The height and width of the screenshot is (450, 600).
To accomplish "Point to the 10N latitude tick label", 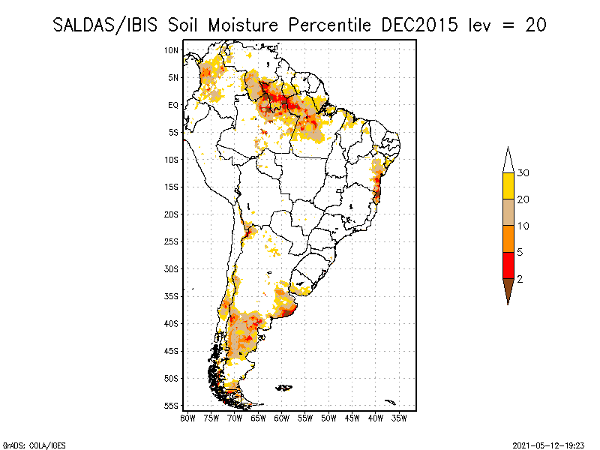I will point(172,50).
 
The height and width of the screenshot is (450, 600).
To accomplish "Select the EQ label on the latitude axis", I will point(172,105).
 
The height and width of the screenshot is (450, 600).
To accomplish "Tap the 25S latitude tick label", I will point(172,241).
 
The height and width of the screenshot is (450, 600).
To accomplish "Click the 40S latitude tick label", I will point(172,323).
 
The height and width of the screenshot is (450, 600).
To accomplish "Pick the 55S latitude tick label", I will point(172,406).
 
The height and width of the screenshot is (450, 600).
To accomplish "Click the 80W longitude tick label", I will point(187,417).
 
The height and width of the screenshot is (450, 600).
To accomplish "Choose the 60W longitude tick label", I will point(282,417).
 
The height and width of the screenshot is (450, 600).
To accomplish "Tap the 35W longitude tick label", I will point(399,417).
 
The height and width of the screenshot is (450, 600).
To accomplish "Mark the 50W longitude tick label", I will point(328,417).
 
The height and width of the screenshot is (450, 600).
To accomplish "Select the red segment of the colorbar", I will point(508,265).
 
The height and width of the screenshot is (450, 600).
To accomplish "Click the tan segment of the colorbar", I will point(508,212).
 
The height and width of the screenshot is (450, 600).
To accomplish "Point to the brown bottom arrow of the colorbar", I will point(508,290).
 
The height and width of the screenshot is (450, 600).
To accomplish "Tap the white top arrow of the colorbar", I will point(508,160).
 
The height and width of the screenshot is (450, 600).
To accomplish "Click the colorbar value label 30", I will point(523,173).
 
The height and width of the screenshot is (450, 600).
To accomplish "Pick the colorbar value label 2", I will point(520,279).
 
